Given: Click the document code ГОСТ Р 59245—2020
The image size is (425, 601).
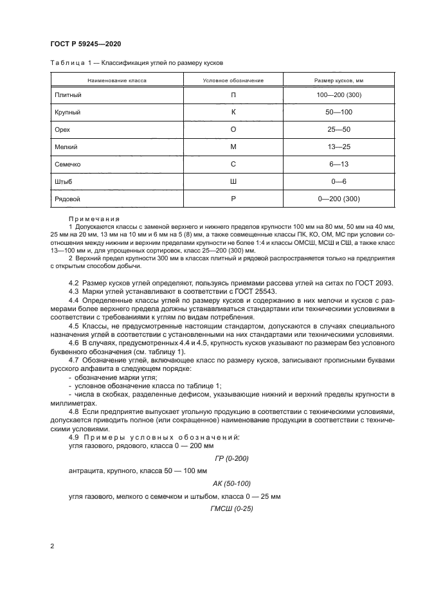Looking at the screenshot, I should coord(86,43).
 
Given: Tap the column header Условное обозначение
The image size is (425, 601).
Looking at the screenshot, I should coord(233,80).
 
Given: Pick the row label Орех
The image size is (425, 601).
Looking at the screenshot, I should coord(62,130).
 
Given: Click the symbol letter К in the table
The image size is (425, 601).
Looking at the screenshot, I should coord(233,112).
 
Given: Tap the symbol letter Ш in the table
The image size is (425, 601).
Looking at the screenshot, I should coord(233,182).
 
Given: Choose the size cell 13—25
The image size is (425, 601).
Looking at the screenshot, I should coord(339,147).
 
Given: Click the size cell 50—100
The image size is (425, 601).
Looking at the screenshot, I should coord(339,112).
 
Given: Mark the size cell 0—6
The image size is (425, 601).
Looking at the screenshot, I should coord(339,182).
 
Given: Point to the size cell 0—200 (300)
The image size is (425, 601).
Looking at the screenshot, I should coord(339,199).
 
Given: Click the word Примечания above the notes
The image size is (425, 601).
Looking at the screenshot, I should coord(94,219).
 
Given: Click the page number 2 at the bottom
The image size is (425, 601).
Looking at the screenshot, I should coord(53,546).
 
